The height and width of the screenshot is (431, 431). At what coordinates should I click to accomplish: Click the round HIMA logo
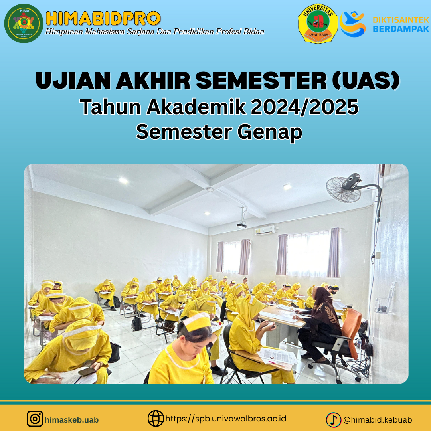tap(24, 23)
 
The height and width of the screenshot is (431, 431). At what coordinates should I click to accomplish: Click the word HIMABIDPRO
tap(103, 18)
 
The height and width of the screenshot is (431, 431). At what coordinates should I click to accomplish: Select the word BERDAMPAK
tap(401, 29)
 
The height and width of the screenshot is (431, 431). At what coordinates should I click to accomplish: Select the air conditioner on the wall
tap(265, 230)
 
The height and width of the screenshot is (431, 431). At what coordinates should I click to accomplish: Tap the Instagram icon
tap(35, 419)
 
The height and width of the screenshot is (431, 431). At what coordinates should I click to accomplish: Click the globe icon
tap(156, 419)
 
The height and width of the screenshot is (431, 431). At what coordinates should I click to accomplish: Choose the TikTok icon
tap(333, 419)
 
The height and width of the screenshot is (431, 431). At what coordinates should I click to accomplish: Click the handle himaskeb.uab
tap(72, 420)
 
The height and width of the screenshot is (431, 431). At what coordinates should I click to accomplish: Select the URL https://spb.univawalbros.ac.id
tap(225, 419)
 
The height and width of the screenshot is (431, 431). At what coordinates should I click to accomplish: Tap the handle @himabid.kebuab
tap(378, 420)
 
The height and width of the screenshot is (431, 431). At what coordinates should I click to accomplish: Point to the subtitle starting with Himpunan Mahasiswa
tap(155, 32)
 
